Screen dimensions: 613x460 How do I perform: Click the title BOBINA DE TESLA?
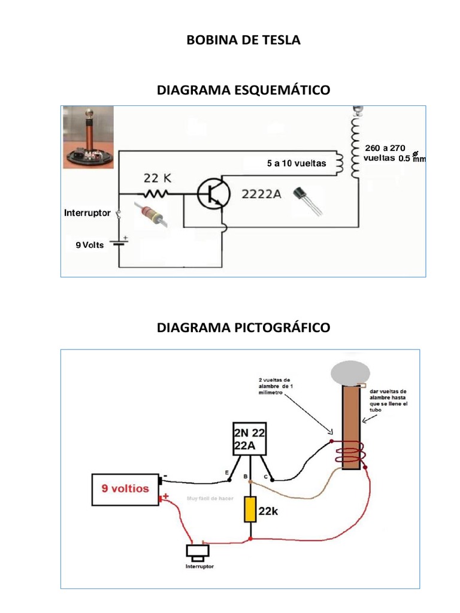(x=243, y=41)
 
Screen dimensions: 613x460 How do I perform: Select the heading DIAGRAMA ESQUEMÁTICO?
(x=243, y=90)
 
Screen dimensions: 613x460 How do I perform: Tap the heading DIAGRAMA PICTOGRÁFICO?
(x=243, y=327)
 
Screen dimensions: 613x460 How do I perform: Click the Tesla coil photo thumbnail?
(x=89, y=136)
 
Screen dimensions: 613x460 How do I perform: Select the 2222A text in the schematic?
(x=261, y=193)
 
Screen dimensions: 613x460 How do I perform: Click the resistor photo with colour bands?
(x=150, y=214)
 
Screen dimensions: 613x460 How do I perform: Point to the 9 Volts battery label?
(x=89, y=245)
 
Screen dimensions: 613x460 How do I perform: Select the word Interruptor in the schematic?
(x=87, y=213)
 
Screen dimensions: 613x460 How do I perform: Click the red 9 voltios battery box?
(x=125, y=489)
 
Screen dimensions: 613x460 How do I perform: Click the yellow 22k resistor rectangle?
(x=250, y=509)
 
